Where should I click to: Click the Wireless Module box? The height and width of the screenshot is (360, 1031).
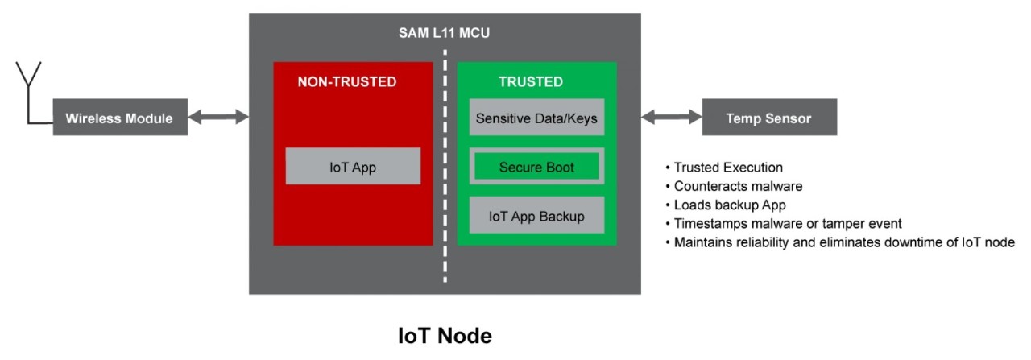tap(120, 118)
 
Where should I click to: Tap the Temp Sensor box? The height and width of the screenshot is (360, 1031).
tap(769, 118)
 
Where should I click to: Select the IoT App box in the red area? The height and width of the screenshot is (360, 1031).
tap(353, 167)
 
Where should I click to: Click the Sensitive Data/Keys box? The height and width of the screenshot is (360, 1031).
tap(536, 118)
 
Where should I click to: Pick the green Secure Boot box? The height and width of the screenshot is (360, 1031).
tap(536, 168)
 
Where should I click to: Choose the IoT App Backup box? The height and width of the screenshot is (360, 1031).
tap(536, 216)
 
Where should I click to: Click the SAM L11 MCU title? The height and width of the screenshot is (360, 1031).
tap(445, 33)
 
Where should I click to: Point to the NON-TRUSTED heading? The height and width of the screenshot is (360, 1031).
tap(347, 81)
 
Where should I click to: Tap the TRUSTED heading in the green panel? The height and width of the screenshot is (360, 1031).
tap(531, 81)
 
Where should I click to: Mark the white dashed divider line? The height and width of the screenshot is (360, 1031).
tap(445, 161)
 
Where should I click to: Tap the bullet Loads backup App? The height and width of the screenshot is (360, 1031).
tap(730, 205)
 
